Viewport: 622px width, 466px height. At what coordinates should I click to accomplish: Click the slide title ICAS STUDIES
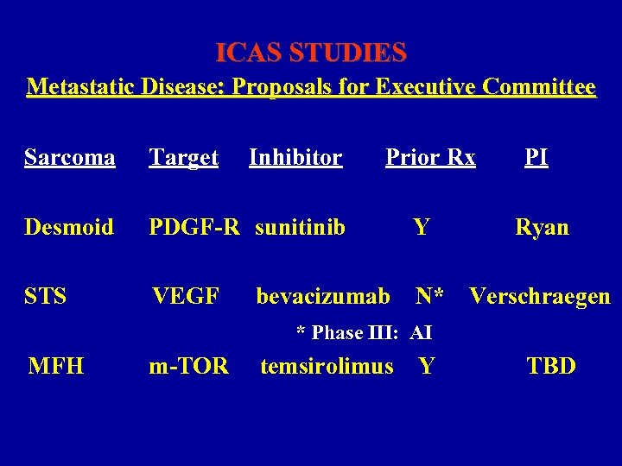coord(311,54)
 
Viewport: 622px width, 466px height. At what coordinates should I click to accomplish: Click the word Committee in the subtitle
coord(540,87)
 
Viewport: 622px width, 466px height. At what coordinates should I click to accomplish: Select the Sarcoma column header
coord(70,157)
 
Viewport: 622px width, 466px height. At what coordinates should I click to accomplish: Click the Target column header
coord(183,157)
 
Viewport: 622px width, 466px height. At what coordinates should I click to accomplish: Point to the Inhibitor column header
coord(295,157)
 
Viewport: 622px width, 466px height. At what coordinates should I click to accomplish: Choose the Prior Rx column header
coord(430,157)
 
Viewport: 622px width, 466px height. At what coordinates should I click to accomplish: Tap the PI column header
coord(536,157)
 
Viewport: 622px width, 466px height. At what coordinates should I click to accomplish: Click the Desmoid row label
coord(69,227)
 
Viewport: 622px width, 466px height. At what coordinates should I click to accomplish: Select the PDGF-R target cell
coord(194,227)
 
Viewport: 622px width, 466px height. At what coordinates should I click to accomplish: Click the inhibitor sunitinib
coord(301,227)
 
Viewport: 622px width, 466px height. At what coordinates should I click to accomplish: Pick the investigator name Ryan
coord(542,227)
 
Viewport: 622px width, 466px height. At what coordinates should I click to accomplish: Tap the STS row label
coord(46,297)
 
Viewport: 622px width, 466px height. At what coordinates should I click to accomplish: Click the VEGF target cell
coord(185,297)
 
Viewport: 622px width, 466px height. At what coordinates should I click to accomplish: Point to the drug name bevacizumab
coord(323,297)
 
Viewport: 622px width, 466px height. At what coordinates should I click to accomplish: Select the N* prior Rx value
coord(429,297)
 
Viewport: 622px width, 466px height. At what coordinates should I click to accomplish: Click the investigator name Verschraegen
coord(540,297)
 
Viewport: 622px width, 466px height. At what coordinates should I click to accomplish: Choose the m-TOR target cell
coord(188,366)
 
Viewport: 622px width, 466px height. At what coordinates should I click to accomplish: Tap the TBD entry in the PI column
coord(551,366)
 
